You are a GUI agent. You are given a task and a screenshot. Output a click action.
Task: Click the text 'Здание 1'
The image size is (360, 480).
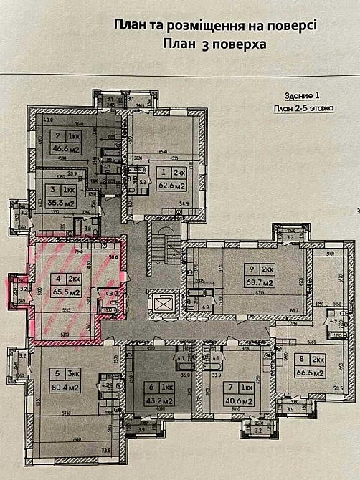[x=293, y=95]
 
